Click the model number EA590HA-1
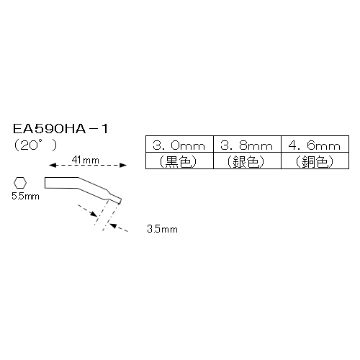[x=60, y=129]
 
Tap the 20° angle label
[x=35, y=145]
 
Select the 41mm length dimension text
[x=86, y=160]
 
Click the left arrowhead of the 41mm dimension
[x=53, y=165]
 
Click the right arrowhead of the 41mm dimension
[x=123, y=165]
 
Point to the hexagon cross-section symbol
[x=20, y=183]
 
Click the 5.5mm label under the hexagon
[x=25, y=197]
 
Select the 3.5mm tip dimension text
[x=163, y=229]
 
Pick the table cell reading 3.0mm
[x=179, y=144]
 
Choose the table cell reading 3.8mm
[x=247, y=144]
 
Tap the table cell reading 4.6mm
[x=315, y=144]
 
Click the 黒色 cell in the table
[x=179, y=161]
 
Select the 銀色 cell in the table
[x=247, y=161]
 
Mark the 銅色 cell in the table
[x=315, y=161]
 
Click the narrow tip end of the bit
[x=120, y=202]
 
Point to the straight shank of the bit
[x=61, y=183]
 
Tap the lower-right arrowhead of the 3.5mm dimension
[x=113, y=225]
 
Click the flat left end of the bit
[x=45, y=183]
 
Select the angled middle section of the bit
[x=94, y=189]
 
